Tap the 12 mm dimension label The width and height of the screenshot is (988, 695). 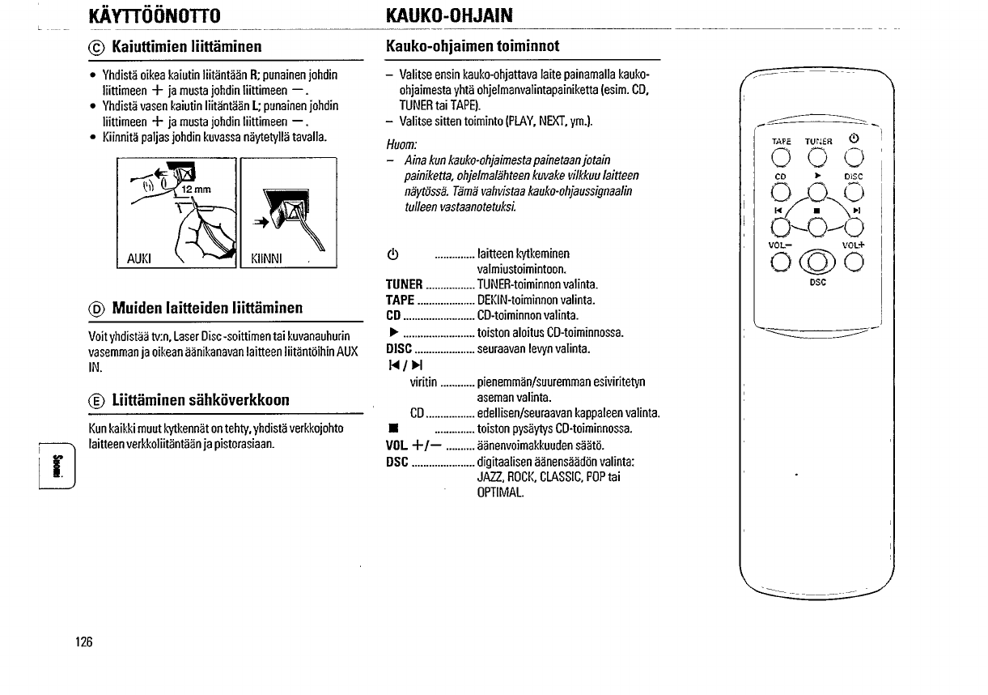coord(196,190)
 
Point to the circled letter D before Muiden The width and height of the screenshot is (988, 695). coord(95,308)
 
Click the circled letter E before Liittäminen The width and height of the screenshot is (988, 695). coord(95,400)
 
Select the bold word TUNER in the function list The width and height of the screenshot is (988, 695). coord(405,284)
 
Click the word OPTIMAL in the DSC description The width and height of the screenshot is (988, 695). coord(501,492)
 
